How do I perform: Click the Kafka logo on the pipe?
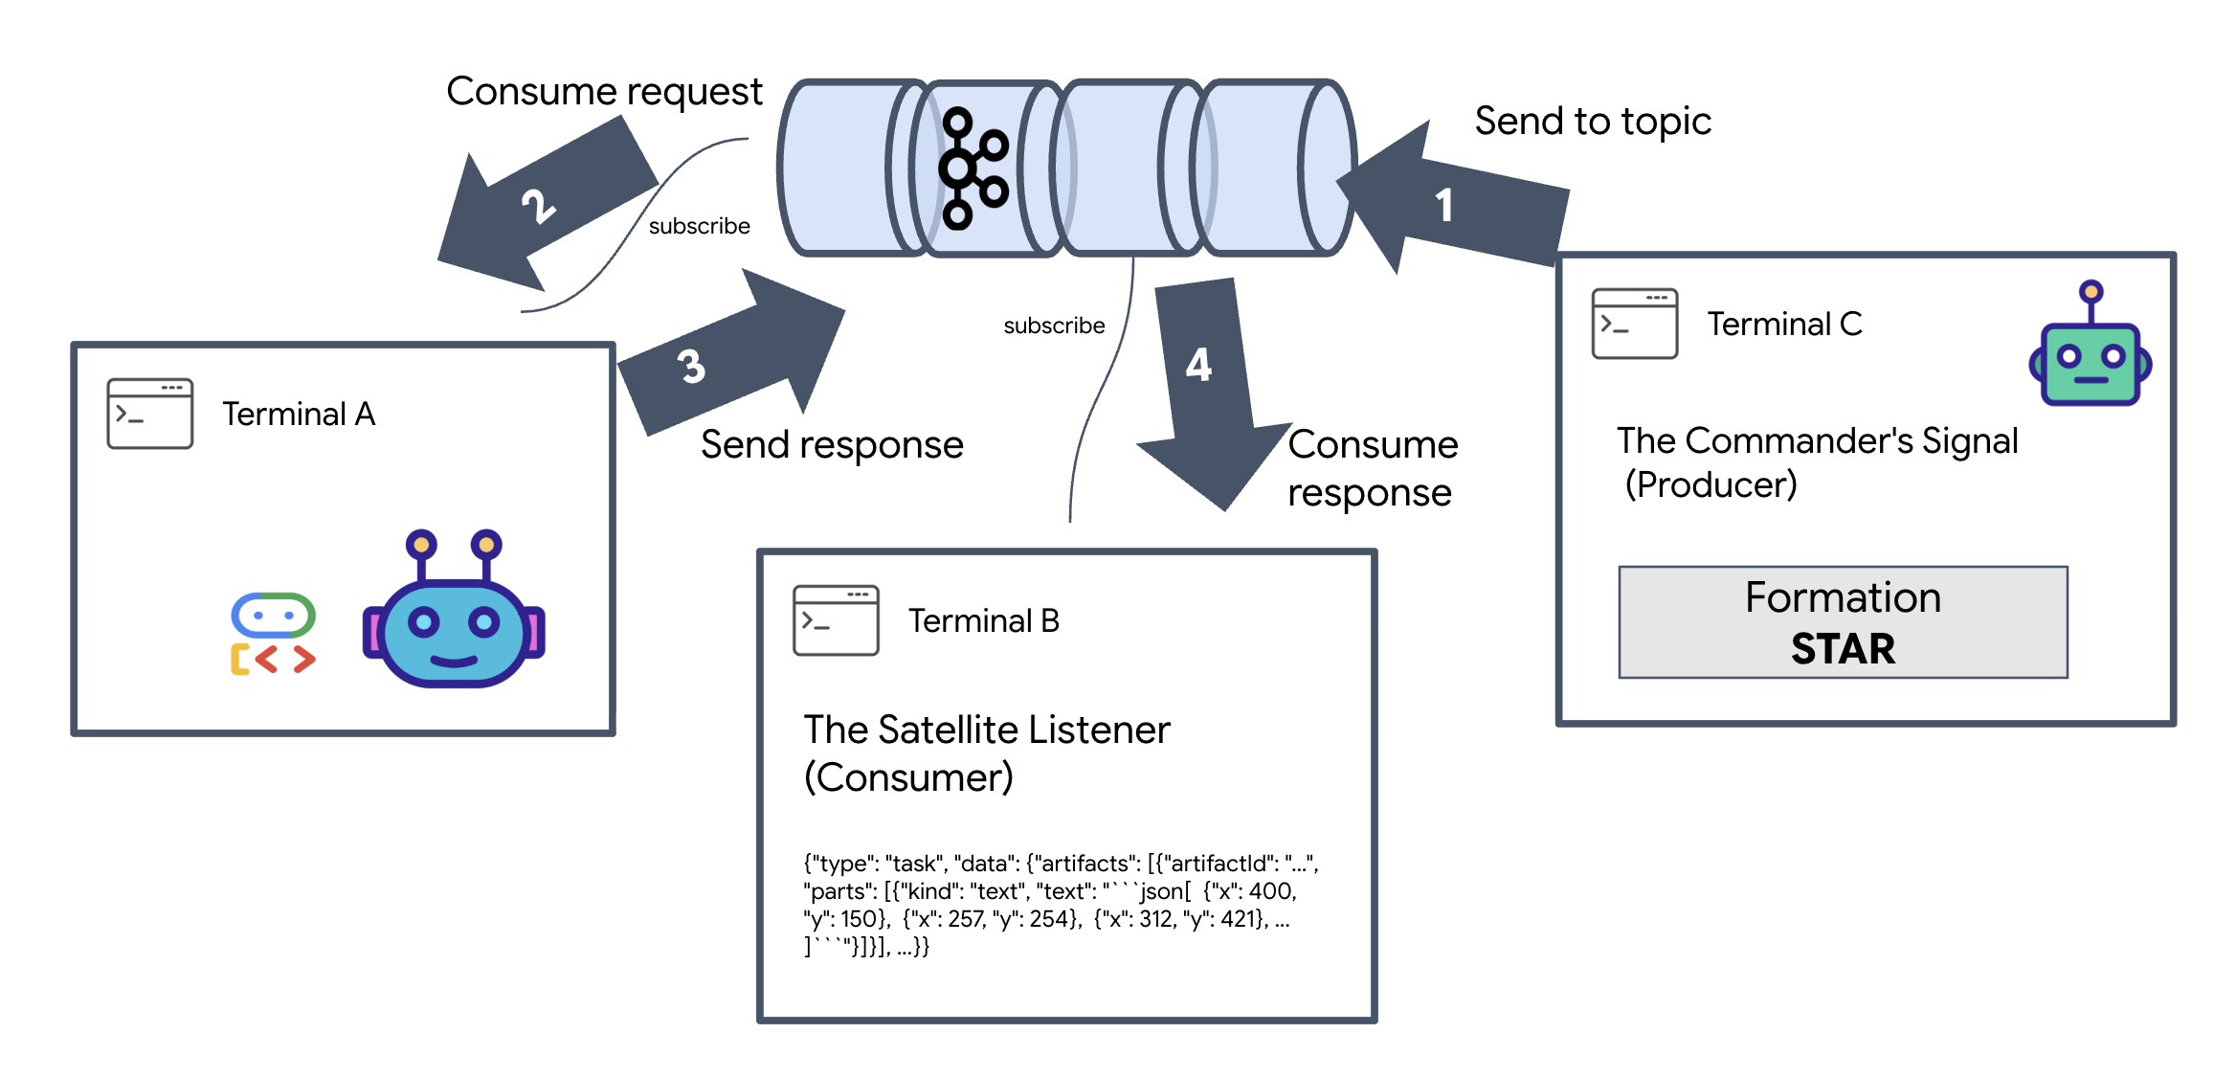pos(973,168)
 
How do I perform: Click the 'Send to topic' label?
pos(1592,122)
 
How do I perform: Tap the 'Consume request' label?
pos(604,92)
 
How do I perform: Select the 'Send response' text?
pos(831,445)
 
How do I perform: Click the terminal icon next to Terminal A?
pos(150,414)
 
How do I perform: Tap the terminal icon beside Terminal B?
pos(836,620)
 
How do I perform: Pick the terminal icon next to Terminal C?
pos(1634,324)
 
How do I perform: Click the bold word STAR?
pos(1843,649)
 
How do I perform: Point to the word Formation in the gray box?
pos(1843,597)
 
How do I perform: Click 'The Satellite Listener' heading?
pos(986,730)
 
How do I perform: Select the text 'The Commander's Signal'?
pos(1817,441)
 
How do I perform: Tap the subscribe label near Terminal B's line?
pos(1053,326)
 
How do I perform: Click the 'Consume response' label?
pos(1372,469)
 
